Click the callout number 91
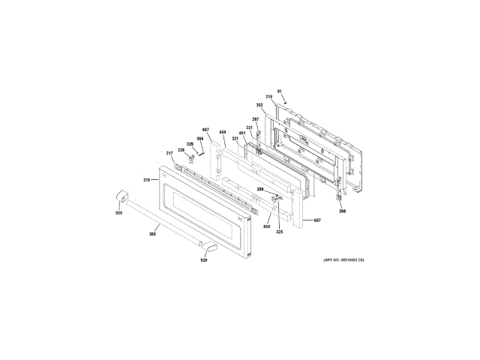click(279, 91)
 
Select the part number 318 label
click(270, 98)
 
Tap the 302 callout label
click(259, 106)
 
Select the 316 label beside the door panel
click(147, 180)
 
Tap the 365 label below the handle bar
click(152, 235)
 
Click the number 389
click(260, 190)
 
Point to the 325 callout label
click(279, 232)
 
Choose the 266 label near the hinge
click(342, 211)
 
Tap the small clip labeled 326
click(193, 157)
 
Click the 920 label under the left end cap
click(118, 213)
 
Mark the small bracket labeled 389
click(274, 198)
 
